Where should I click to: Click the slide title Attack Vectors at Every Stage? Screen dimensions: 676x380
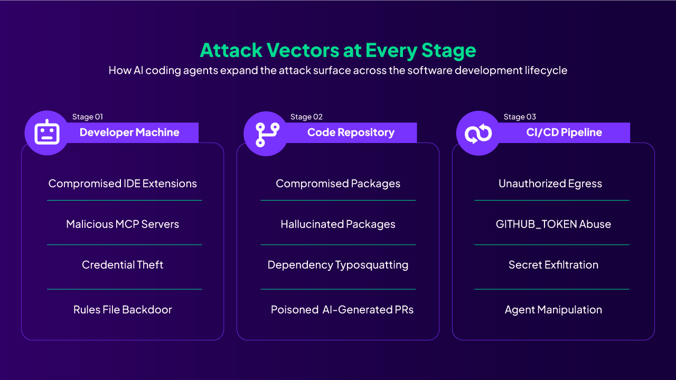click(338, 50)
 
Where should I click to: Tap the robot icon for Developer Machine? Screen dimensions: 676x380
click(47, 132)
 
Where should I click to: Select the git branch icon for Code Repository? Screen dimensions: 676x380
click(266, 133)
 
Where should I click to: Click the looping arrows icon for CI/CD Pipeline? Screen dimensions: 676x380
click(478, 133)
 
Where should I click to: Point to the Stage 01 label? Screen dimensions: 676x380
click(88, 117)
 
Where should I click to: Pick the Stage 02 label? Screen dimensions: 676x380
click(306, 117)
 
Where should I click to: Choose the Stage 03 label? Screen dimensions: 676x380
click(520, 117)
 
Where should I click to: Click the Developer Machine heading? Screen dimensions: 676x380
click(129, 132)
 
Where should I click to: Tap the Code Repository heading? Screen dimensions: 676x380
click(351, 132)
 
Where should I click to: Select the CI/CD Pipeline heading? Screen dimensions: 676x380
click(564, 132)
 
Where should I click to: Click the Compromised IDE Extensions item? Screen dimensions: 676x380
click(123, 184)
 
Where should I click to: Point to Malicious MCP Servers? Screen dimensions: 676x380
click(123, 224)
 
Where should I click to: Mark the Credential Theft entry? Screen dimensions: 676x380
click(123, 265)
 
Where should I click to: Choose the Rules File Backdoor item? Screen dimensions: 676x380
click(123, 310)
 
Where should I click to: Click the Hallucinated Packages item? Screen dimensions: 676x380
click(338, 224)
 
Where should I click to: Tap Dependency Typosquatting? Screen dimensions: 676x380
click(338, 265)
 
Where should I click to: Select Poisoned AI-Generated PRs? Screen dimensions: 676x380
click(342, 310)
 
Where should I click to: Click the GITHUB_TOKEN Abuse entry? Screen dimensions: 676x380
click(553, 224)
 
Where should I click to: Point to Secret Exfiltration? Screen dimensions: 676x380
click(553, 265)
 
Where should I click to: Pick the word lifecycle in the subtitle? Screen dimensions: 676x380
click(543, 70)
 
